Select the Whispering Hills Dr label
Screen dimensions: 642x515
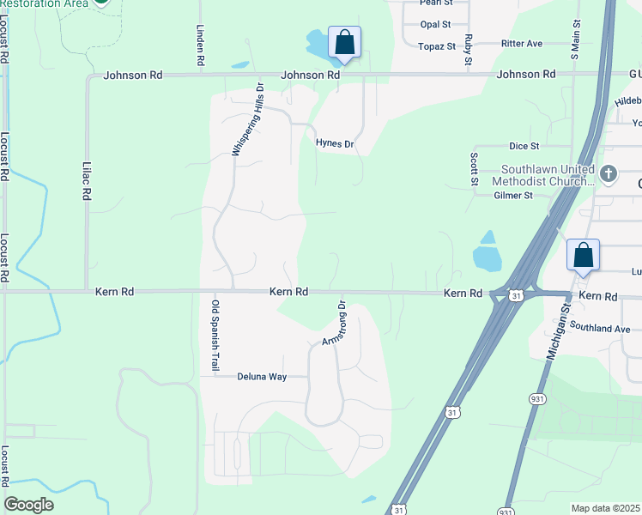[246, 118]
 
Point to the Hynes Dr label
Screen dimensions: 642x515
[335, 144]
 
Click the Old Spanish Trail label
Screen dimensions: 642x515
[215, 336]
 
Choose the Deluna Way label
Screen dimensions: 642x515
[262, 376]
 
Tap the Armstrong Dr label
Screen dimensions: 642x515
[333, 324]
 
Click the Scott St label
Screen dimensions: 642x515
[473, 170]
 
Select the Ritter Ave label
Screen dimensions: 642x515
[523, 43]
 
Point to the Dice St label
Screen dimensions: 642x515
[524, 147]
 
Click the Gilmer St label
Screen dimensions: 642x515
[513, 196]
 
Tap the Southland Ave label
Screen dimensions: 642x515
[600, 328]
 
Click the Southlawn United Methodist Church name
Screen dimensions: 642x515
[543, 175]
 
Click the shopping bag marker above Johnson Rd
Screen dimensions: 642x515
[344, 42]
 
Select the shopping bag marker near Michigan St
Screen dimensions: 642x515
[584, 255]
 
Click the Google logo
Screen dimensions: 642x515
[28, 504]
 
